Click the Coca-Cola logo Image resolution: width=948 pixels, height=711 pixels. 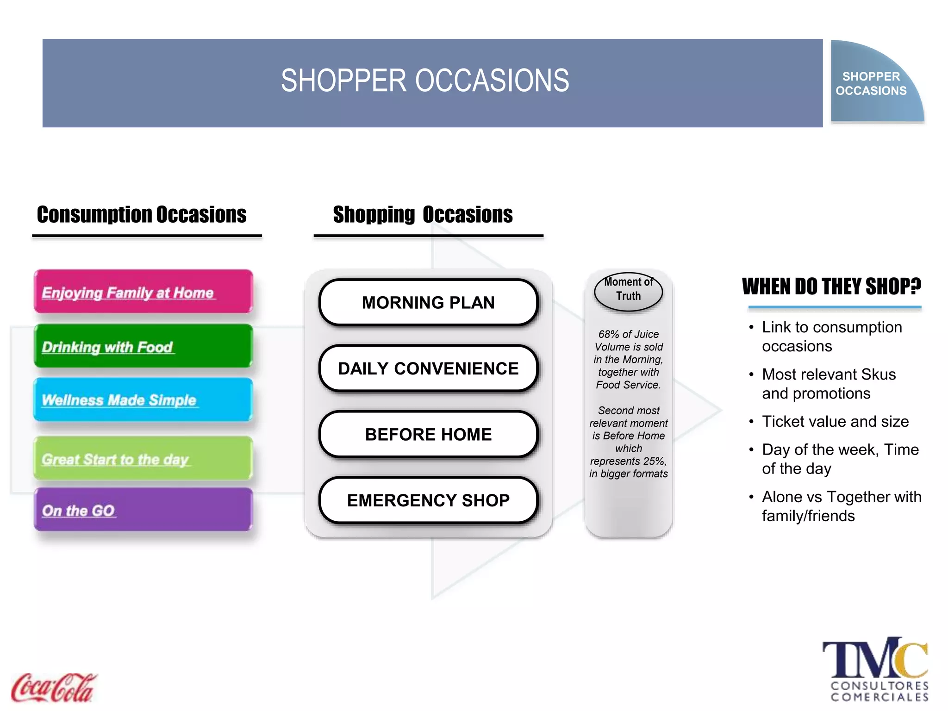click(53, 687)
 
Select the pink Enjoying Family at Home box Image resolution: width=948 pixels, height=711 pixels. click(143, 292)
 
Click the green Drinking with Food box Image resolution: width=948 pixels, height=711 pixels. click(143, 346)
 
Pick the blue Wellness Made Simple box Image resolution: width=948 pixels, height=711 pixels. click(143, 399)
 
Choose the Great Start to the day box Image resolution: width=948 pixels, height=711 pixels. click(143, 458)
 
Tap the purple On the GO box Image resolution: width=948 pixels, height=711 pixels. click(143, 509)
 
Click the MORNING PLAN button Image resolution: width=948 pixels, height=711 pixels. click(428, 303)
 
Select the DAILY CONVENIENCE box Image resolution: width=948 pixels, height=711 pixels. click(428, 368)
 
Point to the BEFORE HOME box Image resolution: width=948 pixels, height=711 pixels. click(428, 435)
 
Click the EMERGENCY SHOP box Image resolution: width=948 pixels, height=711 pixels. click(428, 500)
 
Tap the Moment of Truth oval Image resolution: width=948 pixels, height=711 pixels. click(628, 291)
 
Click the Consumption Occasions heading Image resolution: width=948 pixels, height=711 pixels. click(142, 215)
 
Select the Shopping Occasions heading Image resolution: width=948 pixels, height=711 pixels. click(423, 215)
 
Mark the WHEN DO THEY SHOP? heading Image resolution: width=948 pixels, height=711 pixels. click(831, 287)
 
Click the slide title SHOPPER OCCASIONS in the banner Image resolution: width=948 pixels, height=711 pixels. click(425, 81)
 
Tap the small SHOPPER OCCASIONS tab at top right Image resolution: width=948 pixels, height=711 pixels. click(871, 83)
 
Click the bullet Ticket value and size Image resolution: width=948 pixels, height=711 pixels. click(835, 422)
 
